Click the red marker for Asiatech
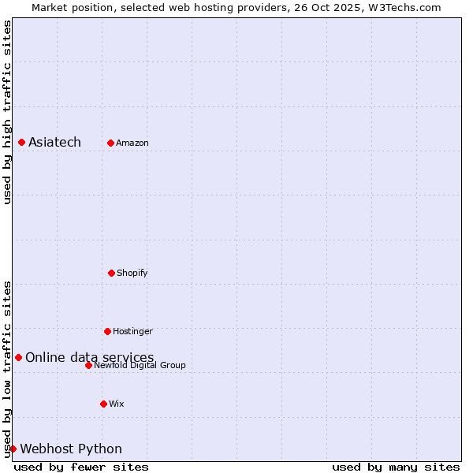pyautogui.click(x=21, y=142)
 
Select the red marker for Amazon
pyautogui.click(x=110, y=143)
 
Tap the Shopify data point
pyautogui.click(x=111, y=273)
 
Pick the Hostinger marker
pyautogui.click(x=107, y=331)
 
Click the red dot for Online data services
pyautogui.click(x=18, y=357)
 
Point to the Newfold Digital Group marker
pyautogui.click(x=88, y=365)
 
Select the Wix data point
pyautogui.click(x=103, y=404)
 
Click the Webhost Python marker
pyautogui.click(x=13, y=449)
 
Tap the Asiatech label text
pyautogui.click(x=54, y=142)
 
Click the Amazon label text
pyautogui.click(x=132, y=143)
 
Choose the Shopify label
pyautogui.click(x=132, y=273)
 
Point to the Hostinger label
pyautogui.click(x=132, y=331)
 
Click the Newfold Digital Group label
pyautogui.click(x=140, y=365)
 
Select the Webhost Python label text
pyautogui.click(x=71, y=449)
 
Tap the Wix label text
pyautogui.click(x=117, y=404)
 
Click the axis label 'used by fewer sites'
pyautogui.click(x=81, y=467)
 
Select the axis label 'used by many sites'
pyautogui.click(x=396, y=467)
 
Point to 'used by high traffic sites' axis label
pyautogui.click(x=7, y=112)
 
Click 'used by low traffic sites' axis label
pyautogui.click(x=7, y=368)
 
